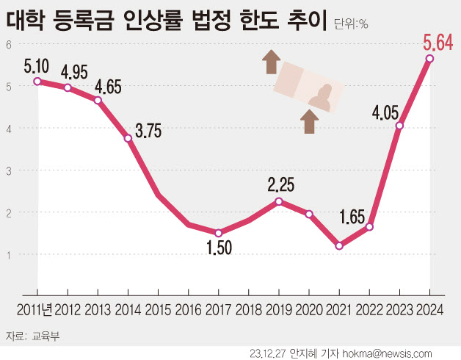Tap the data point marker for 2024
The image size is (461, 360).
(x=429, y=59)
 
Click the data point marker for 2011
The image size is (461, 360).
(x=37, y=82)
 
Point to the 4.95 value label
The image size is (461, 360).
(x=73, y=73)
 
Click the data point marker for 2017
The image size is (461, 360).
(x=219, y=233)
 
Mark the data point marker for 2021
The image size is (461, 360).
(x=339, y=246)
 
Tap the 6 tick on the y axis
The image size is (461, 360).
(x=10, y=44)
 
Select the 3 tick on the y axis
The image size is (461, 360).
(x=10, y=170)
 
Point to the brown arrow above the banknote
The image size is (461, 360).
(x=272, y=61)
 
